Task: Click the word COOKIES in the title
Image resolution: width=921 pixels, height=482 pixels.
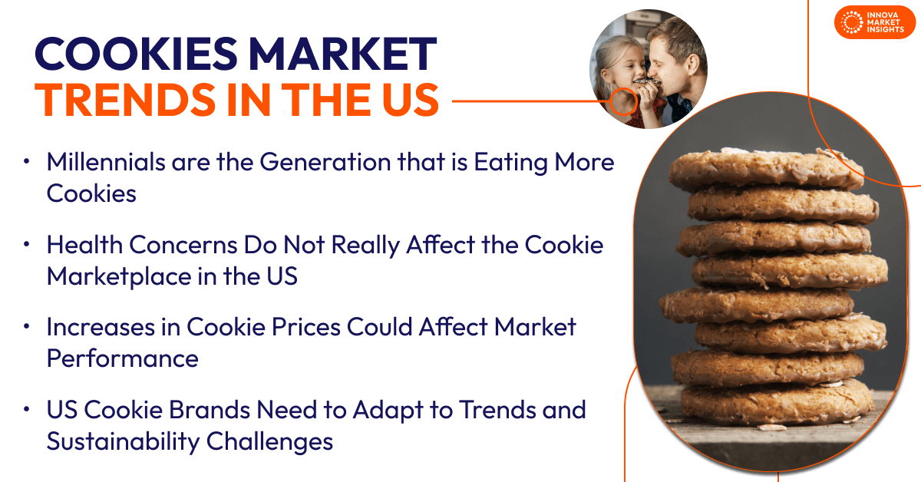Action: (136, 54)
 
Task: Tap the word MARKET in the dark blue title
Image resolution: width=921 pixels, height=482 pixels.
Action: (343, 54)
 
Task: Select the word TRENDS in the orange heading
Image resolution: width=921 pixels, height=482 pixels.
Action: (125, 100)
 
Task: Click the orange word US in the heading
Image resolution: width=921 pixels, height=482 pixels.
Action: (410, 100)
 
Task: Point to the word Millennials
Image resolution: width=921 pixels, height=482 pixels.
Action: (106, 162)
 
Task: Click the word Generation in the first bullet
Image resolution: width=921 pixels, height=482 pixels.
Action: (325, 162)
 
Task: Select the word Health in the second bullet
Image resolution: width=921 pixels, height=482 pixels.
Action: (84, 245)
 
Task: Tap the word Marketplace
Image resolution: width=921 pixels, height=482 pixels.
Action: (119, 276)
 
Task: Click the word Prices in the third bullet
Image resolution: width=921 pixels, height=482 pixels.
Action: (306, 328)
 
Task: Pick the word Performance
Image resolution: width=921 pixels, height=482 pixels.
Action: (123, 358)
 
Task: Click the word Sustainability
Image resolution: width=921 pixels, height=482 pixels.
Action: (123, 441)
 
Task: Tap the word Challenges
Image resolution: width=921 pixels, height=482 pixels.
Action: (269, 441)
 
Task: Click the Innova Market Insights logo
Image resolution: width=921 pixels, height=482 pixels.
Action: (874, 22)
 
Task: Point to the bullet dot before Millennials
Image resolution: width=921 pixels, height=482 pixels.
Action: (27, 162)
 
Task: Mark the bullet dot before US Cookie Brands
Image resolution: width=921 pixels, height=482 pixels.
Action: (27, 410)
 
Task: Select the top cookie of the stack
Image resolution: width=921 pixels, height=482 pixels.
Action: (766, 169)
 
